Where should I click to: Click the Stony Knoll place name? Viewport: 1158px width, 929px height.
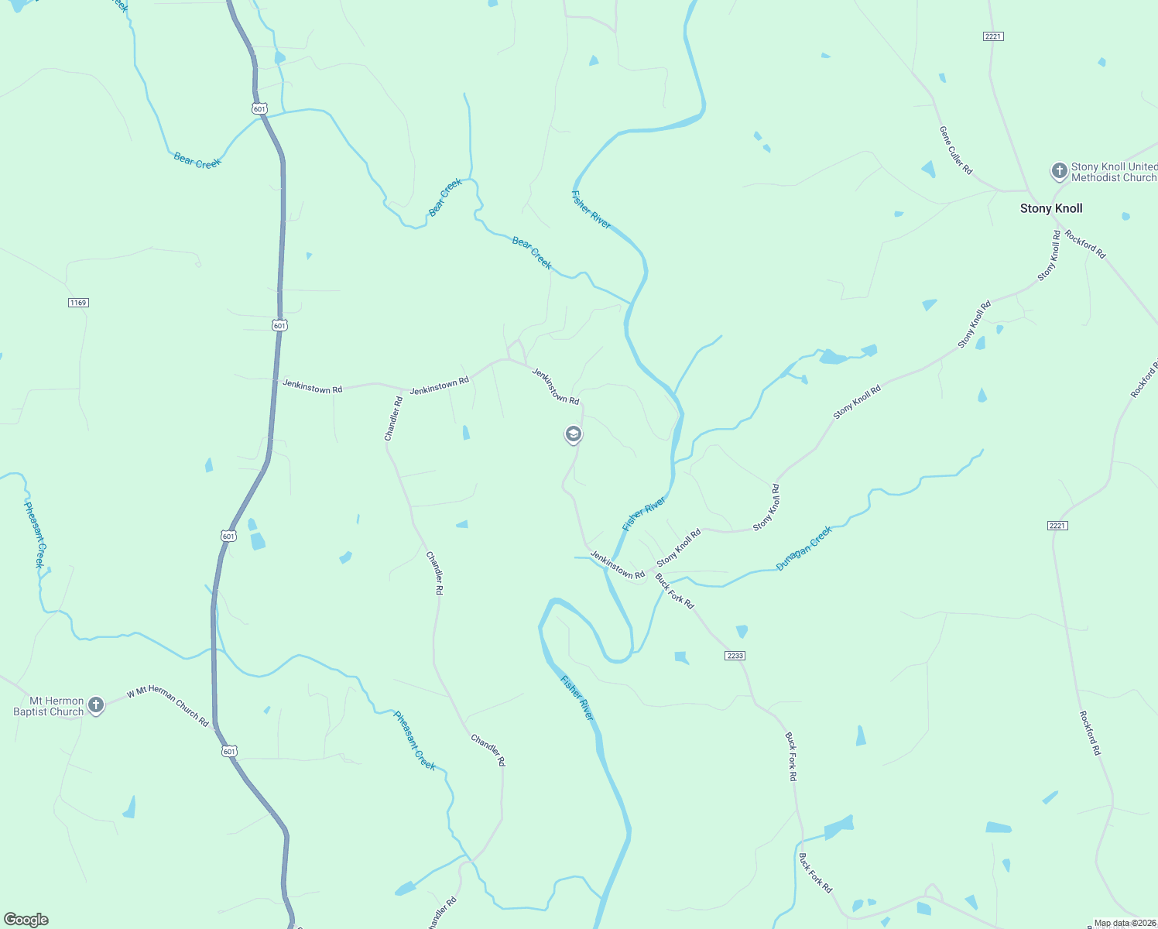(x=1051, y=208)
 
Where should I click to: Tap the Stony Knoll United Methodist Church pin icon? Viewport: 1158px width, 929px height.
(x=1059, y=171)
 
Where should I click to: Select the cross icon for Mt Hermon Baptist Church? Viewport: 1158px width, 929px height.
(x=96, y=704)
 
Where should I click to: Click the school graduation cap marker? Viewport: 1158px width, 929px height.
(x=573, y=434)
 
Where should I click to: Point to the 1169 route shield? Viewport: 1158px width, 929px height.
(x=78, y=303)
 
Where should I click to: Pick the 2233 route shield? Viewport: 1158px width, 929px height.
(x=735, y=656)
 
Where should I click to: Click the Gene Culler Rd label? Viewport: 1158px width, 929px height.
(x=956, y=150)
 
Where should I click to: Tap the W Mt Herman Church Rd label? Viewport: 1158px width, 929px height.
(x=168, y=706)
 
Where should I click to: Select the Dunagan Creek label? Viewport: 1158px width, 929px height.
(x=804, y=548)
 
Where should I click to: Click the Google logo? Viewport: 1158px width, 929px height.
(x=26, y=920)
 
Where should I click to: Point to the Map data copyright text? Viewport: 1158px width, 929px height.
(x=1124, y=923)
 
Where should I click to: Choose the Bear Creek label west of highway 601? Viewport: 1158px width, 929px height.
(x=197, y=161)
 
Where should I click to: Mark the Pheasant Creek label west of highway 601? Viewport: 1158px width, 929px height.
(x=34, y=534)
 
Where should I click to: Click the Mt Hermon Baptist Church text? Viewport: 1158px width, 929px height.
(x=48, y=706)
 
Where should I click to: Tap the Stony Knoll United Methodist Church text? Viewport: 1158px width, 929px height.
(x=1114, y=172)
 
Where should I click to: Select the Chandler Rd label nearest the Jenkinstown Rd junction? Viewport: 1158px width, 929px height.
(x=394, y=419)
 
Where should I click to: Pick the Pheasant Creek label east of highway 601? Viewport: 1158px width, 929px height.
(x=415, y=740)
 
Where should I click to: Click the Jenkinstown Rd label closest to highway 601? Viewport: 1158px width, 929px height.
(x=312, y=387)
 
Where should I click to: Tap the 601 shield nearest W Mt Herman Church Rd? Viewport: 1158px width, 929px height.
(x=228, y=751)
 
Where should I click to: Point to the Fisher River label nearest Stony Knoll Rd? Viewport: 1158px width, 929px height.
(x=644, y=514)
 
